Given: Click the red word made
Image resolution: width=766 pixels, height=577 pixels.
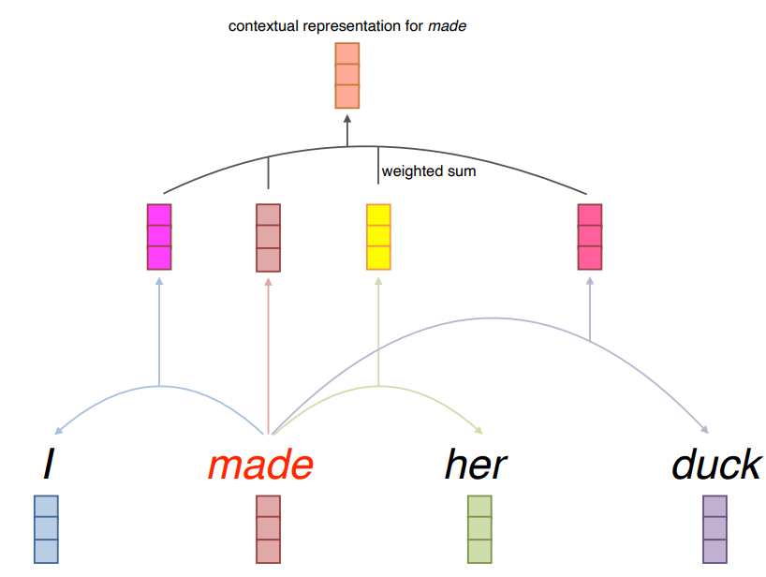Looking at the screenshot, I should click(259, 466).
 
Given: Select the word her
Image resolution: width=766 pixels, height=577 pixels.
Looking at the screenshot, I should click(476, 466).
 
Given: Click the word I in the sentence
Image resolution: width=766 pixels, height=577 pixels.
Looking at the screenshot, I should click(47, 466).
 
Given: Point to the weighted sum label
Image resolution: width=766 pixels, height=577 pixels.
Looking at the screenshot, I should click(428, 171).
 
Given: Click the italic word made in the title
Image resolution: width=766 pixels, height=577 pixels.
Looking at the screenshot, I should click(447, 26).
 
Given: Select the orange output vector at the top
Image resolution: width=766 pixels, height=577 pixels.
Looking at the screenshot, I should click(347, 75).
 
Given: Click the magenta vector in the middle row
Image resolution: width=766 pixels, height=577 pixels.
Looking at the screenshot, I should click(159, 236).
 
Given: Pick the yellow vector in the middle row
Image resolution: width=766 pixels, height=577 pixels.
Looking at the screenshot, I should click(377, 236).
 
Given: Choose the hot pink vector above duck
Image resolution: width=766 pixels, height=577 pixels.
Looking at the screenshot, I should click(590, 236).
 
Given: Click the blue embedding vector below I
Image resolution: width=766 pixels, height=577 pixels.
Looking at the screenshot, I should click(46, 528).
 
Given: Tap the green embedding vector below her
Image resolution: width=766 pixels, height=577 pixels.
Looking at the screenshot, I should click(479, 528).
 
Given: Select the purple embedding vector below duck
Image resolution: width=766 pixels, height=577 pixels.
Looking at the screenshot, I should click(714, 528).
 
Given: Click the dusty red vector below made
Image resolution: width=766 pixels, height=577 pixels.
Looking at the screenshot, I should click(268, 528).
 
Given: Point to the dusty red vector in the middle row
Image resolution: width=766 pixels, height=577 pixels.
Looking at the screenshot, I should click(268, 236).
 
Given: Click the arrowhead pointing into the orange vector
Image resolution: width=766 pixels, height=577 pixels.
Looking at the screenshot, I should click(347, 119).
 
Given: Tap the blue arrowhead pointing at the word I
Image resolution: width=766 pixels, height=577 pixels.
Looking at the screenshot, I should click(59, 431).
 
